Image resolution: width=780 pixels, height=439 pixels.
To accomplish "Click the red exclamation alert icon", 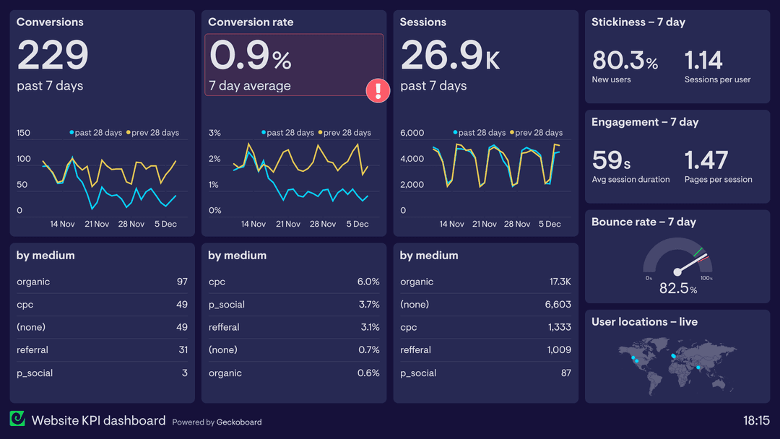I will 378,90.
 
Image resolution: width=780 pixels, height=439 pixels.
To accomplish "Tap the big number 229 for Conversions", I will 53,56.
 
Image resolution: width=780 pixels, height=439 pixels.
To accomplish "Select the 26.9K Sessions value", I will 449,56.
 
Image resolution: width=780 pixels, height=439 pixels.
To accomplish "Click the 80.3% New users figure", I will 625,60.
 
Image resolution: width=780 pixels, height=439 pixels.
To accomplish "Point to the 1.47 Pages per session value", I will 706,160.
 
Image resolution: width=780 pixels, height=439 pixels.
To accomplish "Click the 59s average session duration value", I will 611,160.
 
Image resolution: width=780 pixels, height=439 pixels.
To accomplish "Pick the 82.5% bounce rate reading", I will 678,289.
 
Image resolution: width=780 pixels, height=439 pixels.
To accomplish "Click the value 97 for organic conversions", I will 182,282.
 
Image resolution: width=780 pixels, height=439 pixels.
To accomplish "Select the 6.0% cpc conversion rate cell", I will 368,282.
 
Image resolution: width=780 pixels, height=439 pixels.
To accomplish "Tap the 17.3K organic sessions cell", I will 559,282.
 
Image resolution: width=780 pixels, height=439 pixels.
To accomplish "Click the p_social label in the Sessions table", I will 418,373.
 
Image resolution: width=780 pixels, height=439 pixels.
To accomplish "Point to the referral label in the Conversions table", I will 32,350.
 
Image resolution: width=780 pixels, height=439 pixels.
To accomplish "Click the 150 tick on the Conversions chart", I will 24,133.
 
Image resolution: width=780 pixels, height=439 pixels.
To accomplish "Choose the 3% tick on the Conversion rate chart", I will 214,133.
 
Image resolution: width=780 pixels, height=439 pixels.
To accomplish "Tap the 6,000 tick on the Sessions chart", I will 412,133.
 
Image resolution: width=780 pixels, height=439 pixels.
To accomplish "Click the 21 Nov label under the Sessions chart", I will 484,224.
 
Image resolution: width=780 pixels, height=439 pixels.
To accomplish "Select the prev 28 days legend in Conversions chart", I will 155,133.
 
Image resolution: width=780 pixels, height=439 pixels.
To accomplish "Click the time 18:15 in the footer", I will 756,420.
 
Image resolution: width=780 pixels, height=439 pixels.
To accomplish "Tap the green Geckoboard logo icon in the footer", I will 17,420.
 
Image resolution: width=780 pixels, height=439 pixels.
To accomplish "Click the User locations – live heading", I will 644,322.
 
